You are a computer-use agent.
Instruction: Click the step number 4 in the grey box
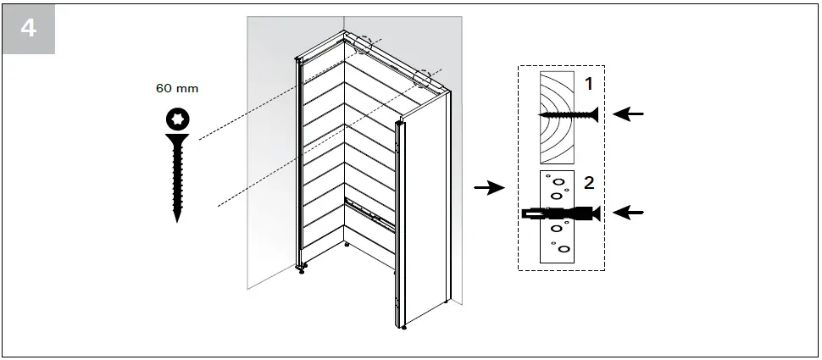28,27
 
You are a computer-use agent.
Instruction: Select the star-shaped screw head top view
178,119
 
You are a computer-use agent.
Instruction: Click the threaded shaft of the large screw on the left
178,182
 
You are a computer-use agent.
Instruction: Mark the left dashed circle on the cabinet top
365,44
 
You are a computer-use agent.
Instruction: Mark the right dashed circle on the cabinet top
422,79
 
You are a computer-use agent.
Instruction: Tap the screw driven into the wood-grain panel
568,114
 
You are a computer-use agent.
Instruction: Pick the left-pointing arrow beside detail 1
628,114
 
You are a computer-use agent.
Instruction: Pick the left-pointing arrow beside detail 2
628,213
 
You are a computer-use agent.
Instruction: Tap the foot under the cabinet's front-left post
302,271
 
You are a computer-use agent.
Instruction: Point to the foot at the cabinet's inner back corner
347,246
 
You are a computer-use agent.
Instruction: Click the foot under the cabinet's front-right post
403,326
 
